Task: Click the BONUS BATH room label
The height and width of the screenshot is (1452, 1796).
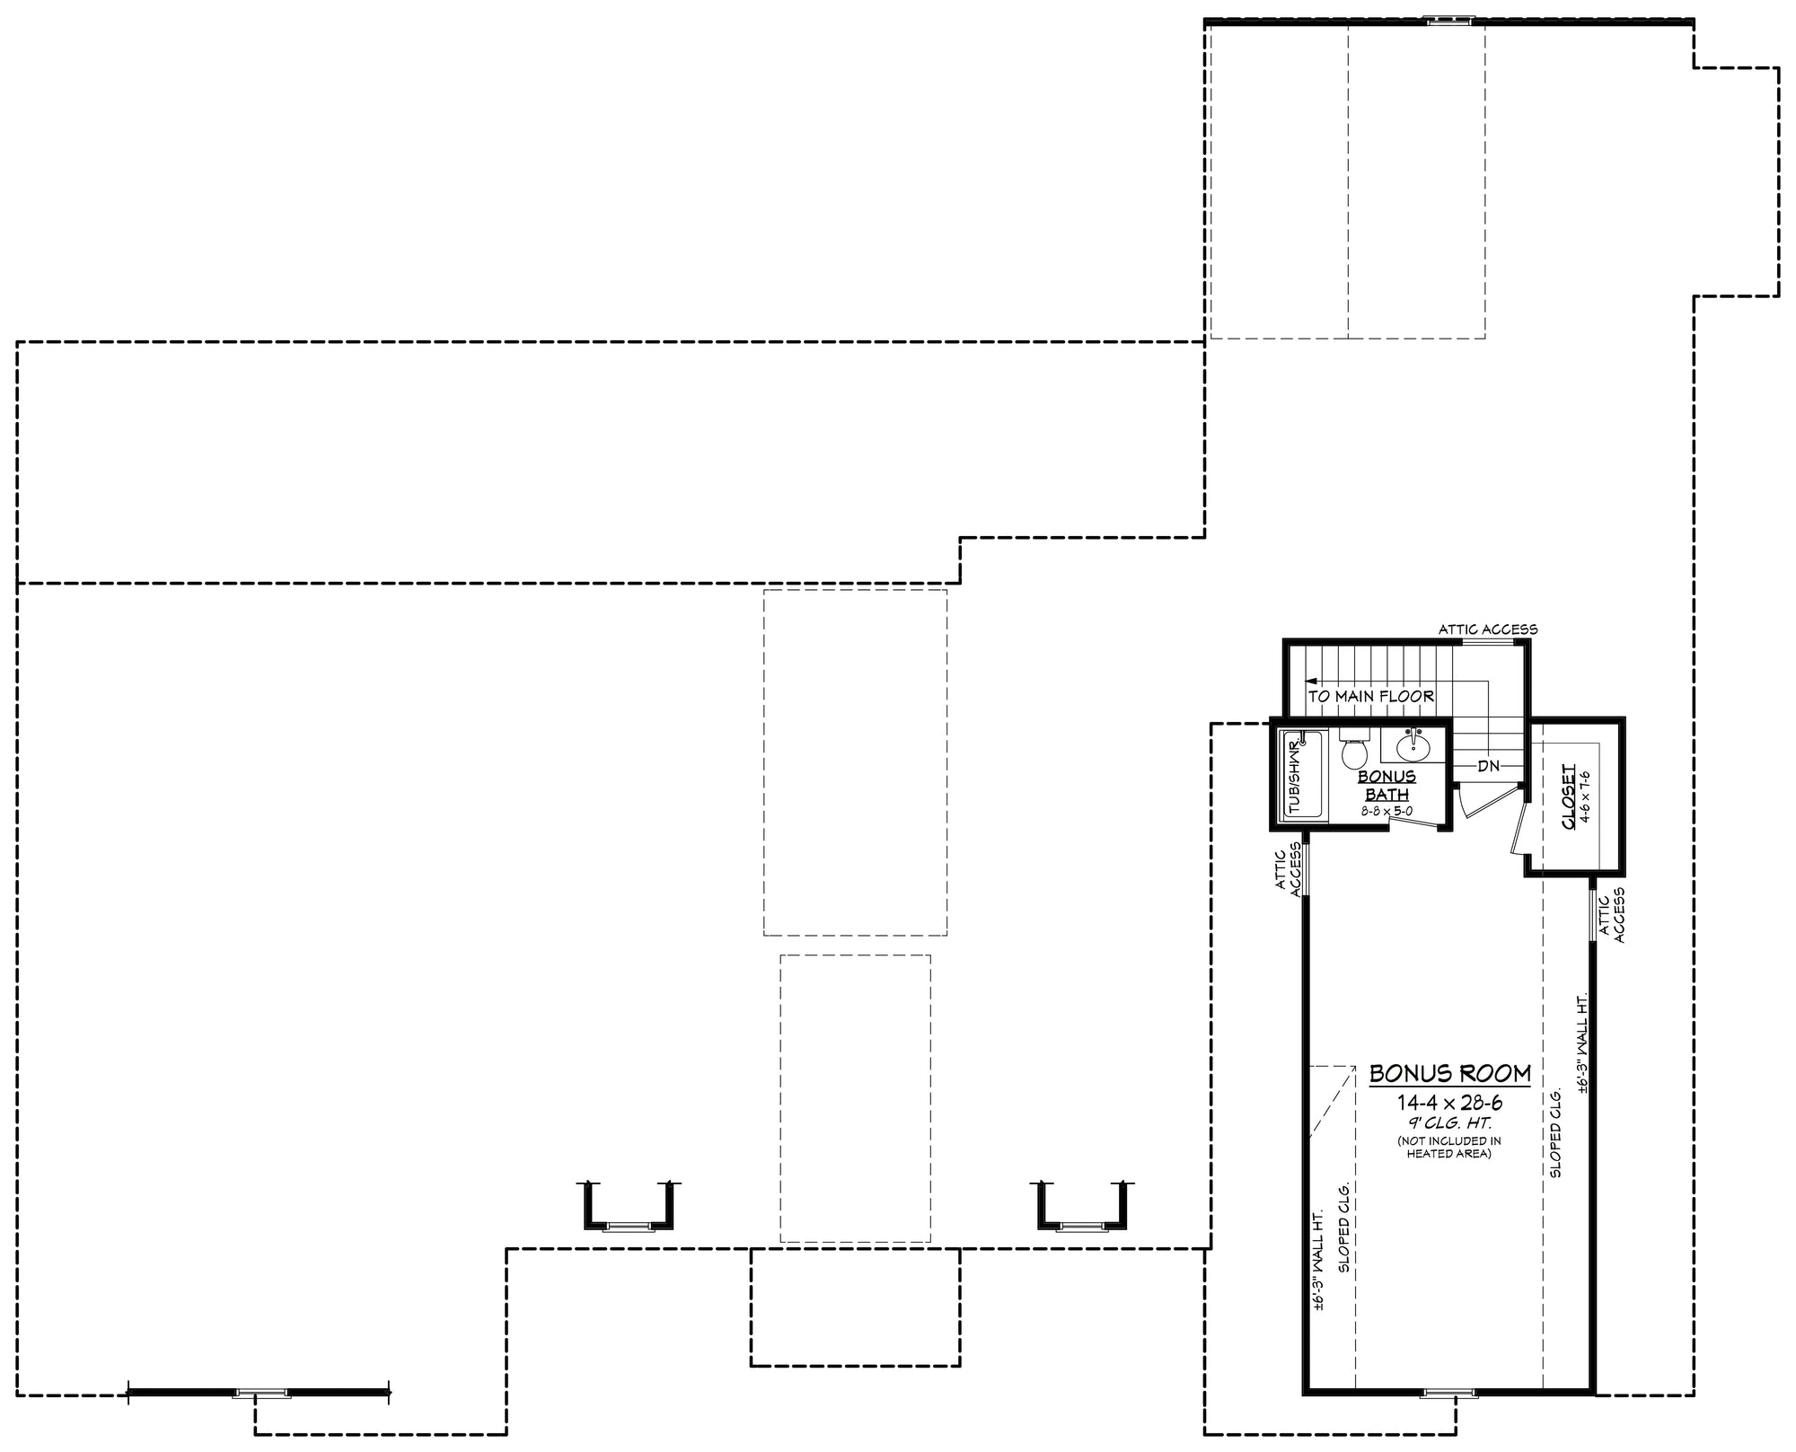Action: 1387,785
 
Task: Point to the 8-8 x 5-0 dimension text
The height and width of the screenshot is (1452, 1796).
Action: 1387,811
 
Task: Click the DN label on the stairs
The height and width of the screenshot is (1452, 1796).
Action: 1488,766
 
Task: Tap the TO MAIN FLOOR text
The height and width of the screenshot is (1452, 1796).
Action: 1370,696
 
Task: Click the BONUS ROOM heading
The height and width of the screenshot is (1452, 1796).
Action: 1449,1073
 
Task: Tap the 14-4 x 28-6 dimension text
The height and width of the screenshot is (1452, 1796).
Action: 1449,1103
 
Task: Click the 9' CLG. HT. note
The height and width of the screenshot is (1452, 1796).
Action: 1449,1123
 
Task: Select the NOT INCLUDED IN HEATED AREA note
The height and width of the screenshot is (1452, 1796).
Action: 1449,1147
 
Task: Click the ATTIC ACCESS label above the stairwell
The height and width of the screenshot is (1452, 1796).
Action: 1488,629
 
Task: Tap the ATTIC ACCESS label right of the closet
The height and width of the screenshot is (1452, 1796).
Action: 1613,916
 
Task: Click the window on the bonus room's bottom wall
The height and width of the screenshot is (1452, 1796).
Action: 1448,1393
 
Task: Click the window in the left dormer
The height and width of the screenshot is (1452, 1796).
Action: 629,1226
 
